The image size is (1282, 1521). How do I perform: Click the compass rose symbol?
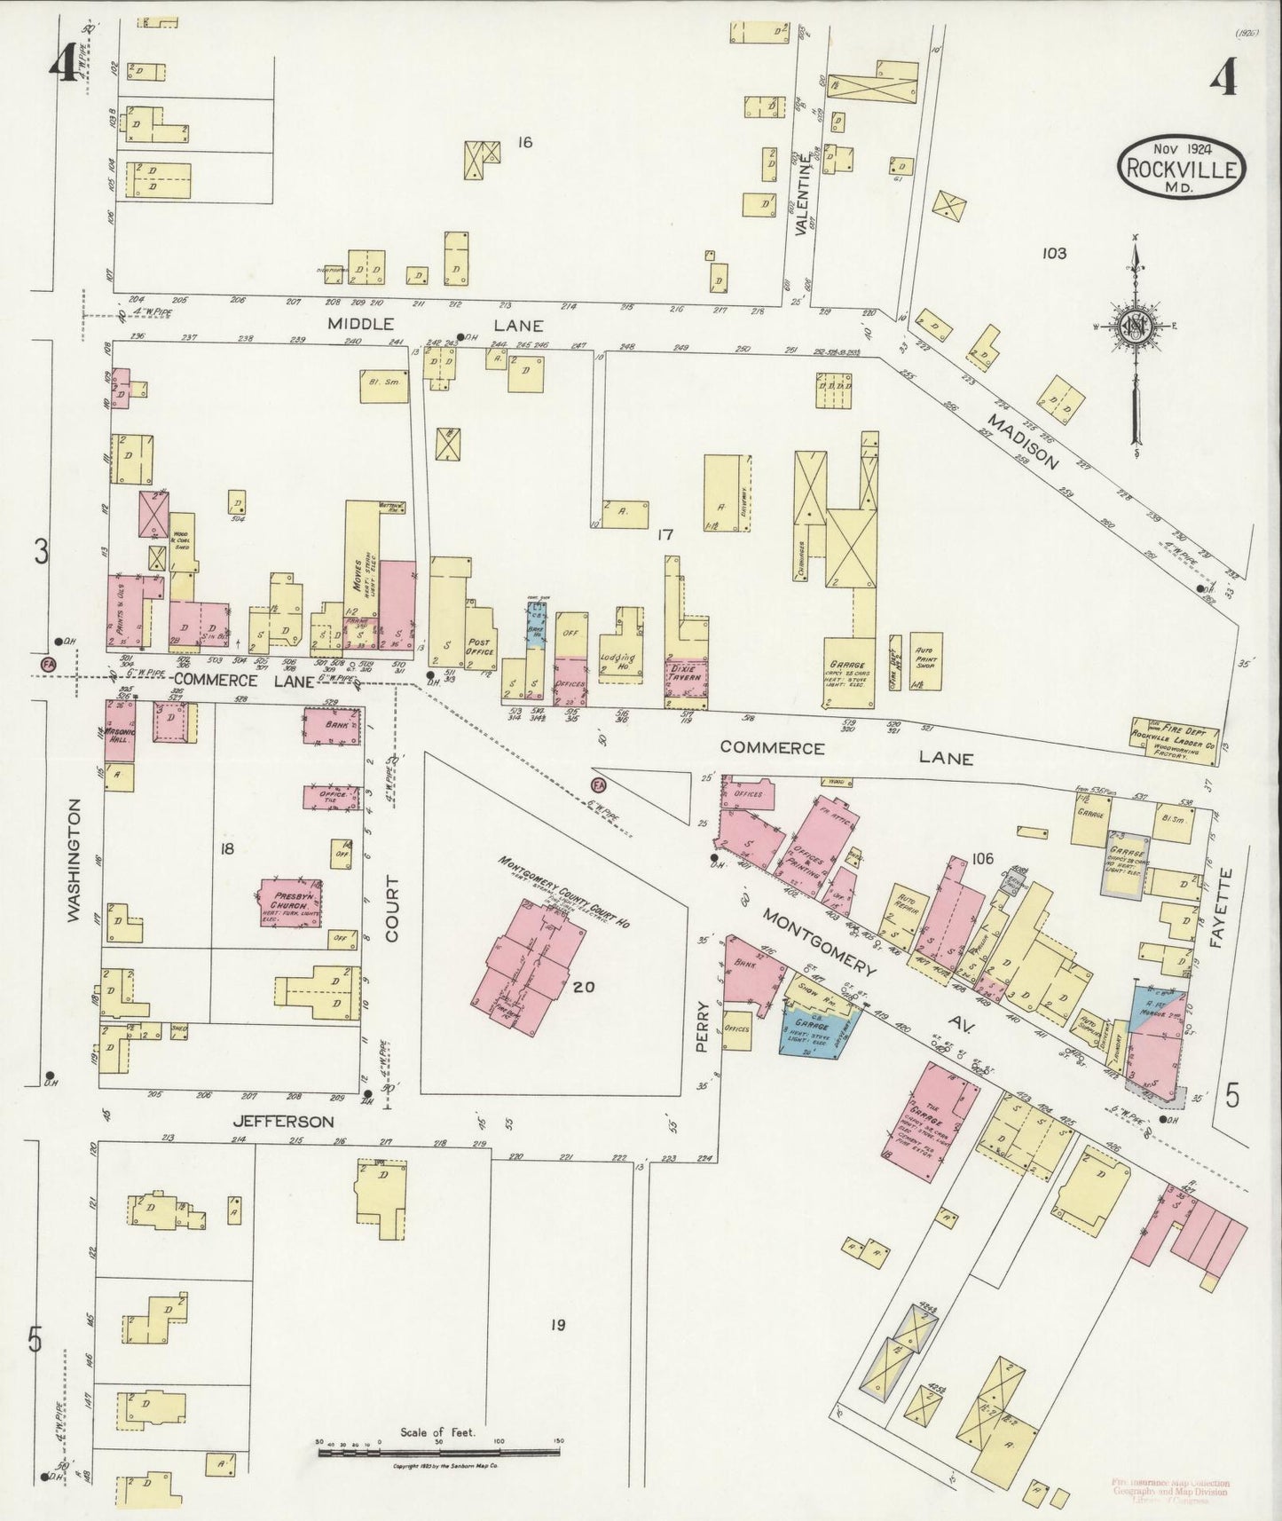[1134, 327]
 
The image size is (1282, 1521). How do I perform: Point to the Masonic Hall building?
[119, 730]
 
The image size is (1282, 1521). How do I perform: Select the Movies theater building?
[362, 577]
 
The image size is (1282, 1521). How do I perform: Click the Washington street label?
[75, 861]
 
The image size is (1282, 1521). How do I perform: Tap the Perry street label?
[704, 1027]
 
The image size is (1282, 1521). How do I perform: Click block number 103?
[1054, 253]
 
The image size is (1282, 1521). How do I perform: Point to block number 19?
[556, 1325]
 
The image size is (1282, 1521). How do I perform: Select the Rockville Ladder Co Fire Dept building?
[1174, 735]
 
